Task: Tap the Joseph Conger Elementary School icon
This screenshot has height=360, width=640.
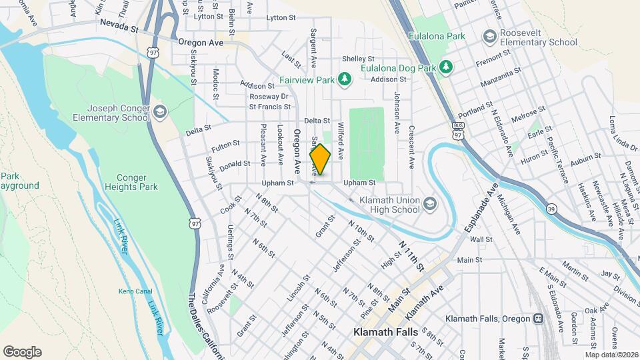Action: click(159, 111)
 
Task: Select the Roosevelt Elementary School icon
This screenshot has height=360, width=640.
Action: click(490, 35)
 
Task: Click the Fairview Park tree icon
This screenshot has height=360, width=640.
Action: click(344, 80)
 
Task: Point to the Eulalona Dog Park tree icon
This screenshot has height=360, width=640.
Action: click(446, 67)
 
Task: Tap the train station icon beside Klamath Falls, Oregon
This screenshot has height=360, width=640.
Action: click(537, 319)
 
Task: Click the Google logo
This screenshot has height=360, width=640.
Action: click(22, 352)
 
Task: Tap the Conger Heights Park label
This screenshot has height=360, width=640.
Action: click(131, 182)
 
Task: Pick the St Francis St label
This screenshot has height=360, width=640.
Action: click(271, 106)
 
